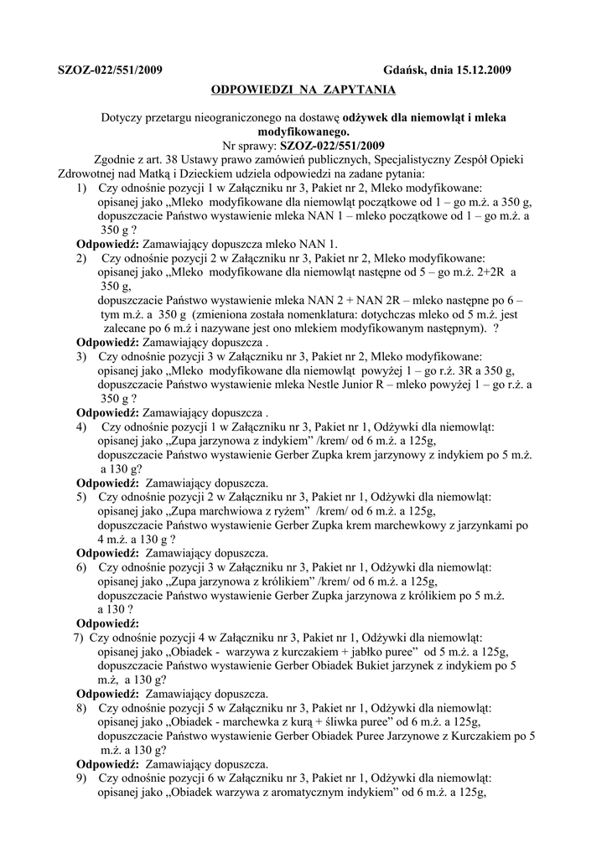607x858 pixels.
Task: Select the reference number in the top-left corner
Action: point(110,70)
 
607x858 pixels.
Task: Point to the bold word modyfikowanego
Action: point(303,132)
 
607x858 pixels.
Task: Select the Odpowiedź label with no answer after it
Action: point(108,623)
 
